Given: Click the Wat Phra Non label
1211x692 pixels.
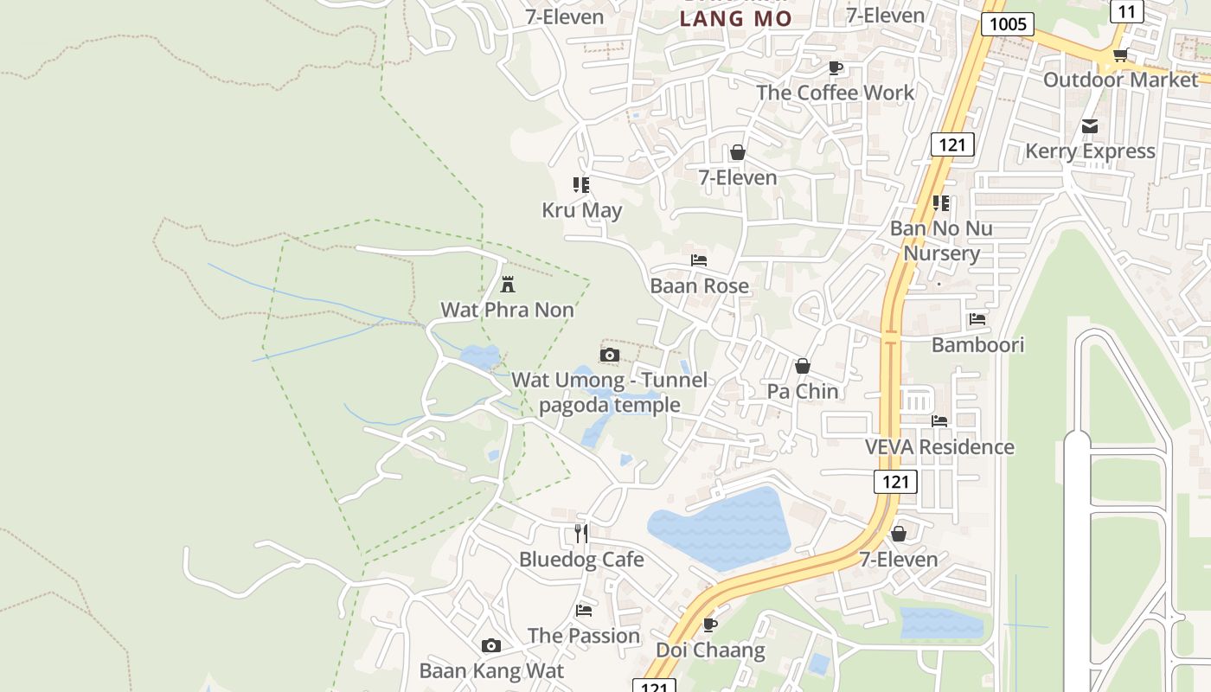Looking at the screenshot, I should [507, 310].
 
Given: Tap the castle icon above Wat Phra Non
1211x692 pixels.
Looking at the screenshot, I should [508, 284].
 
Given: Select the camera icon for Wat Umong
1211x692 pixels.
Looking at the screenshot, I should [610, 355].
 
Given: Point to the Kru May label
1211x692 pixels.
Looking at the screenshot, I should [581, 210].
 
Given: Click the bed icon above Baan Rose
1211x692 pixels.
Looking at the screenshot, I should [699, 259].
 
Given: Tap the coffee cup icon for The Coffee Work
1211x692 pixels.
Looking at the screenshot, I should [835, 67].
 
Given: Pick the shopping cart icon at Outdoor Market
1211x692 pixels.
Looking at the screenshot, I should [1120, 55].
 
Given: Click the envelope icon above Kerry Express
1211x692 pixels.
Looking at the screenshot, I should [1090, 126].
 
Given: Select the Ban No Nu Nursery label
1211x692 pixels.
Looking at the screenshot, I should [941, 241].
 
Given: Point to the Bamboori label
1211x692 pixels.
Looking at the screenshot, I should [977, 345].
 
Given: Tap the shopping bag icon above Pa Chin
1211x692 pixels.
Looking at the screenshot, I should [803, 366].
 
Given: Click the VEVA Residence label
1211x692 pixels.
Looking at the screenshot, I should [939, 447].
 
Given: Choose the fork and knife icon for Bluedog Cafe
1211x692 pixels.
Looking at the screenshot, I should [581, 534].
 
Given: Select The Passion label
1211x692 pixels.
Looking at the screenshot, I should [584, 636].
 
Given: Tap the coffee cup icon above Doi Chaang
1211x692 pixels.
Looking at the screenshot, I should [710, 625].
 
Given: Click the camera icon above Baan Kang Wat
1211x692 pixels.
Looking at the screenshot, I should [491, 645].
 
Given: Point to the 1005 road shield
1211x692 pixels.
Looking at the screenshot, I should [1008, 23].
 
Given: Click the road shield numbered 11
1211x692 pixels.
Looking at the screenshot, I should [1126, 11].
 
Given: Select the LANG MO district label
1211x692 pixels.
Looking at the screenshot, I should [735, 18].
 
